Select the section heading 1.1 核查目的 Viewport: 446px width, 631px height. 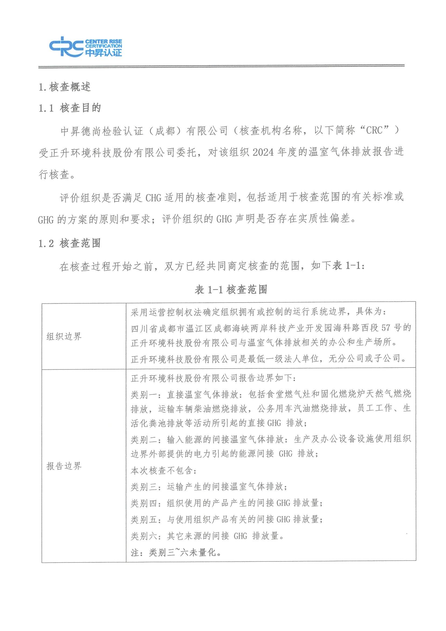coord(70,108)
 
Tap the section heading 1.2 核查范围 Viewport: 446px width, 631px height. coord(70,243)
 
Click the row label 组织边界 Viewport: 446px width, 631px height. coord(64,336)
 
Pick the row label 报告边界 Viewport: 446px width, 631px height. coord(64,466)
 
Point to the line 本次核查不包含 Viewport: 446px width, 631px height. coord(163,471)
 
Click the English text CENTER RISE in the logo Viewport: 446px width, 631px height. coord(103,42)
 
